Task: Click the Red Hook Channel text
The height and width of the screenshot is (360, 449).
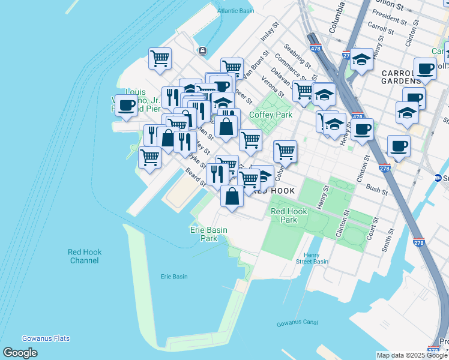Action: point(84,256)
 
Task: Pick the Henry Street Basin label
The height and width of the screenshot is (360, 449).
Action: point(312,258)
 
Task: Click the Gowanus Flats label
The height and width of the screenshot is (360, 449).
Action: point(46,338)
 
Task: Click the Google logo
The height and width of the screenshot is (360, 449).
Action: point(20,353)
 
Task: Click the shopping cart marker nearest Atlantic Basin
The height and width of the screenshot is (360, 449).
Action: point(160,59)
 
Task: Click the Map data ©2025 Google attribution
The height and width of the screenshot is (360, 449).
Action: point(411,355)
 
